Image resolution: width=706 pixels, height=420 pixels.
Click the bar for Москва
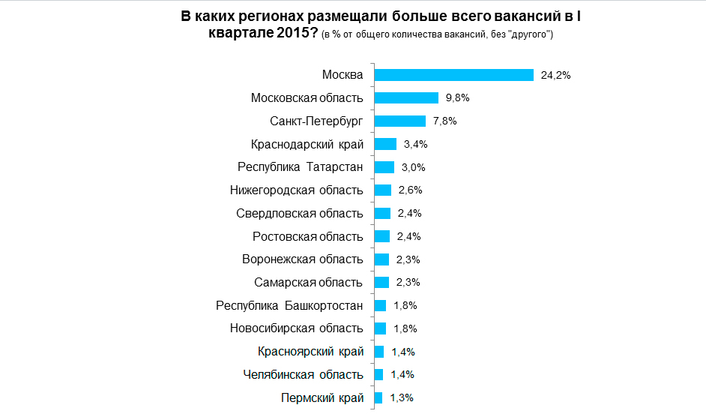click(453, 75)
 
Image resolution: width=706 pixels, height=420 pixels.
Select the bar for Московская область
click(405, 98)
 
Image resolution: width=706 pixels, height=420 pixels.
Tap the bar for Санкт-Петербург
click(399, 121)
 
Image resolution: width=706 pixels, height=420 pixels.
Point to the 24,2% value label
click(555, 75)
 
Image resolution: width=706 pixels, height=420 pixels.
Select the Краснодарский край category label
click(307, 144)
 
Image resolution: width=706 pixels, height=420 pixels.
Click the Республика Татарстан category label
click(300, 167)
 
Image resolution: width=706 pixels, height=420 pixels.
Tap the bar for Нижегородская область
click(382, 190)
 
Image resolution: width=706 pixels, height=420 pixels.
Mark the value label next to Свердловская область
click(410, 213)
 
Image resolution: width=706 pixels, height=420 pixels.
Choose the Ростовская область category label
click(308, 236)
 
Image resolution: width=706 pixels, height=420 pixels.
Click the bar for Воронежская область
click(381, 259)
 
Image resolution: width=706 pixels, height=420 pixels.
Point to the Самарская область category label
click(308, 283)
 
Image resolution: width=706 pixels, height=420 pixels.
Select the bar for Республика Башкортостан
click(379, 305)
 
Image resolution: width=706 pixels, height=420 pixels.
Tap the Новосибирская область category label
click(296, 328)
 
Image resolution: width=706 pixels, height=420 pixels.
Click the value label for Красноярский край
click(403, 352)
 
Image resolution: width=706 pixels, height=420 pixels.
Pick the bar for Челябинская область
click(378, 374)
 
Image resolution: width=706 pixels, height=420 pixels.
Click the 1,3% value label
click(402, 397)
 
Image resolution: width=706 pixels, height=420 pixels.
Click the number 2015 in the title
click(295, 34)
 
